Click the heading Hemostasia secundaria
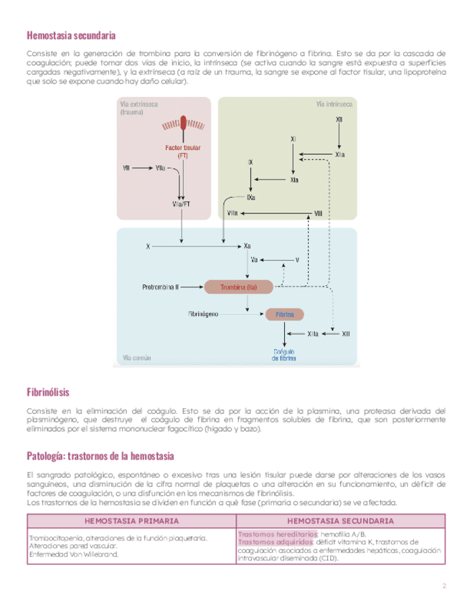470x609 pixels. point(71,35)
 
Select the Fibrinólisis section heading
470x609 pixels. point(47,392)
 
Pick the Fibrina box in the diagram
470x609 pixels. point(285,315)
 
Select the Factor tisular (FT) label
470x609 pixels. point(183,151)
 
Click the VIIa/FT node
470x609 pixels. point(181,204)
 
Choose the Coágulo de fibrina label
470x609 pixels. point(285,355)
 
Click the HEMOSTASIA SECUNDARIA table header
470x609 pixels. point(339,521)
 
